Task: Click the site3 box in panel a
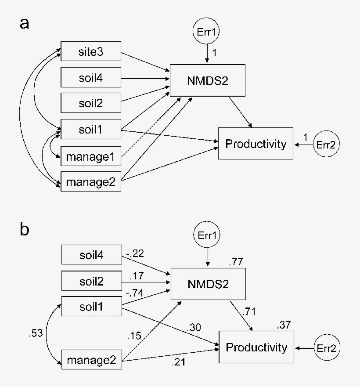[x=91, y=52]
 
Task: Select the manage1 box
[x=91, y=156]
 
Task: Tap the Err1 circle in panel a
[x=207, y=32]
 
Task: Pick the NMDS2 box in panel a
[x=207, y=80]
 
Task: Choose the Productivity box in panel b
[x=256, y=348]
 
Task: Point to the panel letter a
[x=25, y=23]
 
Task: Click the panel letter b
[x=25, y=229]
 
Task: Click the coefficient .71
[x=248, y=311]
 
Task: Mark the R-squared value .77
[x=236, y=263]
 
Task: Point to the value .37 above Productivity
[x=284, y=326]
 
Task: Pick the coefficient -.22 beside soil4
[x=135, y=253]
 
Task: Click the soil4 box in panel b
[x=91, y=255]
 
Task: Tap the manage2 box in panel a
[x=91, y=181]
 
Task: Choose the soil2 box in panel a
[x=91, y=104]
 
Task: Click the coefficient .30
[x=194, y=327]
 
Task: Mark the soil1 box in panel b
[x=91, y=306]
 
